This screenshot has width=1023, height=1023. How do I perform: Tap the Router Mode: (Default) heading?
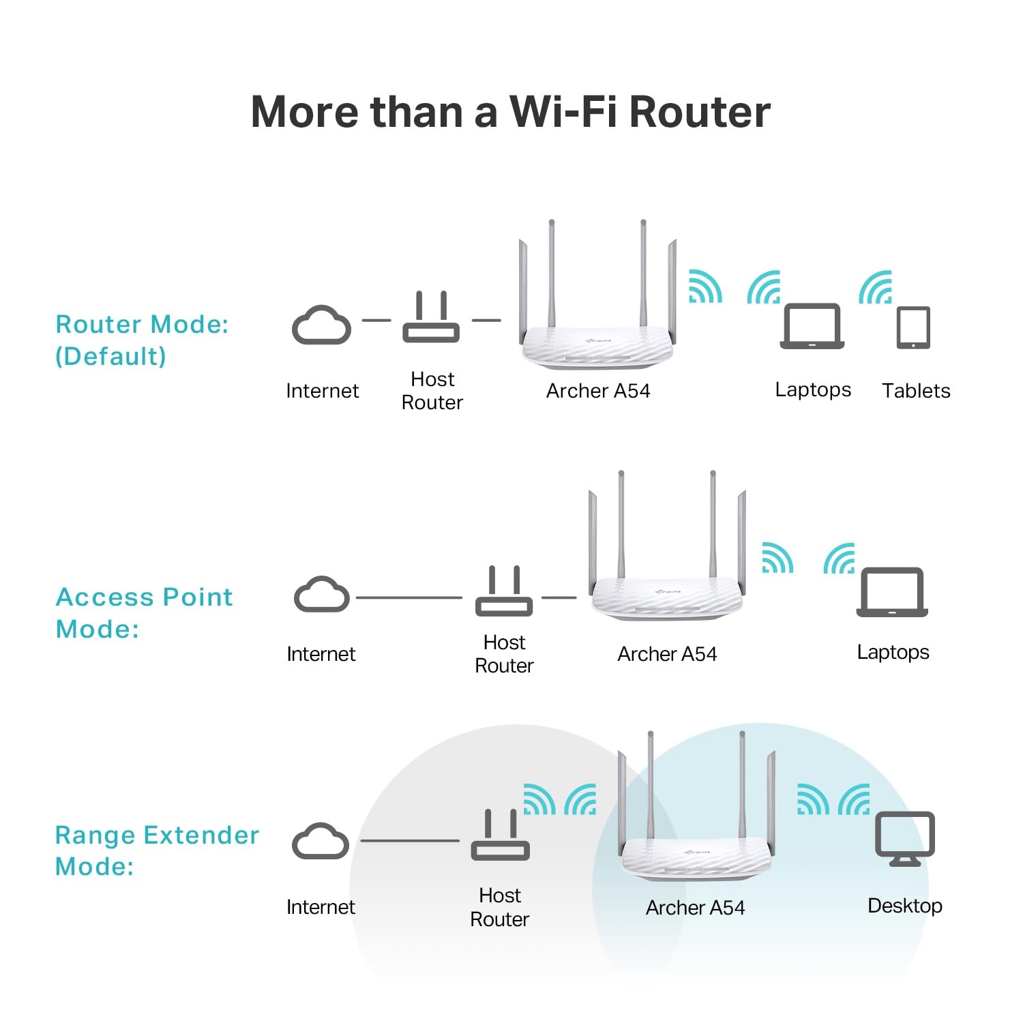141,340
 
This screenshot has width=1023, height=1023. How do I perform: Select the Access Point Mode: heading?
144,612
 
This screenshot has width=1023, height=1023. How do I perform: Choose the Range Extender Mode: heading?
157,850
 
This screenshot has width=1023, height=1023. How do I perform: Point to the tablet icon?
913,327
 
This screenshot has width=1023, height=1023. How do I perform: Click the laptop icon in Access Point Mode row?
892,592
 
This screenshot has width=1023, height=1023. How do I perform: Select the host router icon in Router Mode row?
431,319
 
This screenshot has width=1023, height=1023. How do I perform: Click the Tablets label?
915,391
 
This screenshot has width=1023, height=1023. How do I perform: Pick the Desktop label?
904,906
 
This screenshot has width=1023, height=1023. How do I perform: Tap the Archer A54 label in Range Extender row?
695,908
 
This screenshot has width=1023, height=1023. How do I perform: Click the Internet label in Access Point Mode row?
321,654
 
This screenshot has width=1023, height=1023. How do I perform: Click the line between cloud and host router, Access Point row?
409,597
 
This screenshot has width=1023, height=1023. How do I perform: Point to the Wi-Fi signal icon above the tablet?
876,287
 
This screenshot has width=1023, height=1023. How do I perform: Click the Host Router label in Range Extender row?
500,907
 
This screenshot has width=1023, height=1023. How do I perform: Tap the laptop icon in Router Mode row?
812,326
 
